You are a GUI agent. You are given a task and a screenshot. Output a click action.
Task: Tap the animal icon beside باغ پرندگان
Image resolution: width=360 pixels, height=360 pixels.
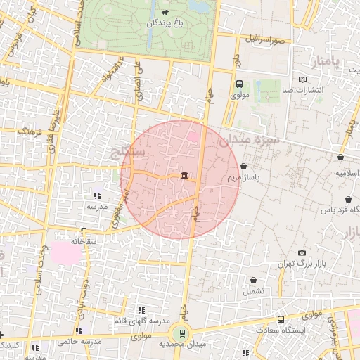[164, 12]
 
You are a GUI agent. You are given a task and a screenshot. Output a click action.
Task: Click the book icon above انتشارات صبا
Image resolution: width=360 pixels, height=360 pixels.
[302, 79]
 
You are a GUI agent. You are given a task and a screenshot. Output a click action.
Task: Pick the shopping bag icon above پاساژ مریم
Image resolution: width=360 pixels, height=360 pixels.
[243, 167]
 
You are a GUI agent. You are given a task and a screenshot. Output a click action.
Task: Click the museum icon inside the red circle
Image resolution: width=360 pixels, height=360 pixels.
[184, 174]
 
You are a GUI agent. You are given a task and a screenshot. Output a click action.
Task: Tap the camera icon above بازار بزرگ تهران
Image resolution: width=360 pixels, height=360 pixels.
[302, 252]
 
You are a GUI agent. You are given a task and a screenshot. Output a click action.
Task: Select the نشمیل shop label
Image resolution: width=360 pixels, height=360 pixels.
[255, 290]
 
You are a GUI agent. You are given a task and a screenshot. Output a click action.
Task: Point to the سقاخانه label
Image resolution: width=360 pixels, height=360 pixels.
[82, 241]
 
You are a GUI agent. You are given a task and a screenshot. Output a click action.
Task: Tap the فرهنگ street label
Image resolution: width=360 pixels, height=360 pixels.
[30, 131]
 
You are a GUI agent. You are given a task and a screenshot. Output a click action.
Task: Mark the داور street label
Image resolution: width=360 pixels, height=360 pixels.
[237, 77]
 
